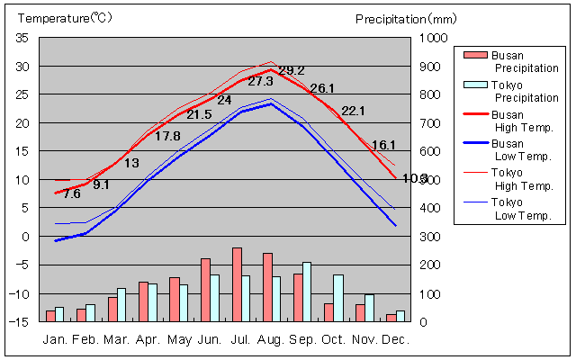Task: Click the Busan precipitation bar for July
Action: coord(237,284)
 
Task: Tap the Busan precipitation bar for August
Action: coord(267,287)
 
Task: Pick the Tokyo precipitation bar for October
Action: coord(338,298)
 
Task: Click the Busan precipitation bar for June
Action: coord(205,290)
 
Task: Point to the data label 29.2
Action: coord(292,71)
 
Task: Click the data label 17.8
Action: coord(167,136)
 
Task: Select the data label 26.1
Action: coord(322,88)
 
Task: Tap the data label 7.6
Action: coord(72,193)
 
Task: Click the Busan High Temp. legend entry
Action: coord(508,121)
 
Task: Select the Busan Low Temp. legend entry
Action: coord(508,150)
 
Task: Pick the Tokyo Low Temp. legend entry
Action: coord(508,208)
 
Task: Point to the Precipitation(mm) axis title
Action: coord(406,18)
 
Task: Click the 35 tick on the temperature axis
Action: coord(22,38)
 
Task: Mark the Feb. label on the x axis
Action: coord(85,340)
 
